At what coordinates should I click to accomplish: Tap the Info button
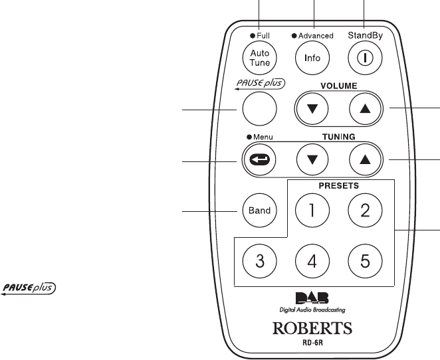[x=312, y=58]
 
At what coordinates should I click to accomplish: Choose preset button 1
[x=312, y=211]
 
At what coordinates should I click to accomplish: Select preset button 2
[x=365, y=211]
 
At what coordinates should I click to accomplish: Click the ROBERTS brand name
[x=312, y=328]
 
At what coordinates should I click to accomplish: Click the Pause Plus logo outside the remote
[x=31, y=288]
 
